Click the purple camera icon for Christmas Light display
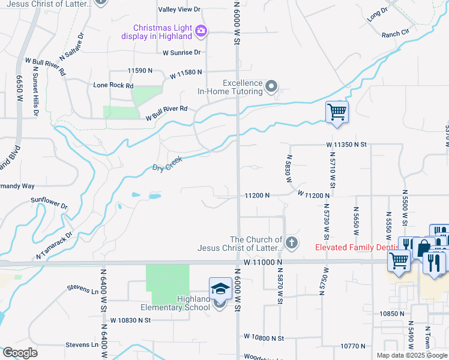click(201, 31)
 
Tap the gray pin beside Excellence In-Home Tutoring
click(272, 87)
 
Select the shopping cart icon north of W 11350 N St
click(337, 112)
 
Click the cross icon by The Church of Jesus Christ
click(291, 243)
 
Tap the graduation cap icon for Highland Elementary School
click(220, 289)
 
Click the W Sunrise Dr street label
click(185, 53)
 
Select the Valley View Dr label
click(179, 10)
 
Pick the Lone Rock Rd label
click(113, 86)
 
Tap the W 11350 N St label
click(346, 145)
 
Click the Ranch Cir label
click(395, 34)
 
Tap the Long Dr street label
click(378, 13)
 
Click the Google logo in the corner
click(20, 352)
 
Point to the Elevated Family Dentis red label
click(355, 247)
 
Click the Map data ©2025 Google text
click(411, 355)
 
